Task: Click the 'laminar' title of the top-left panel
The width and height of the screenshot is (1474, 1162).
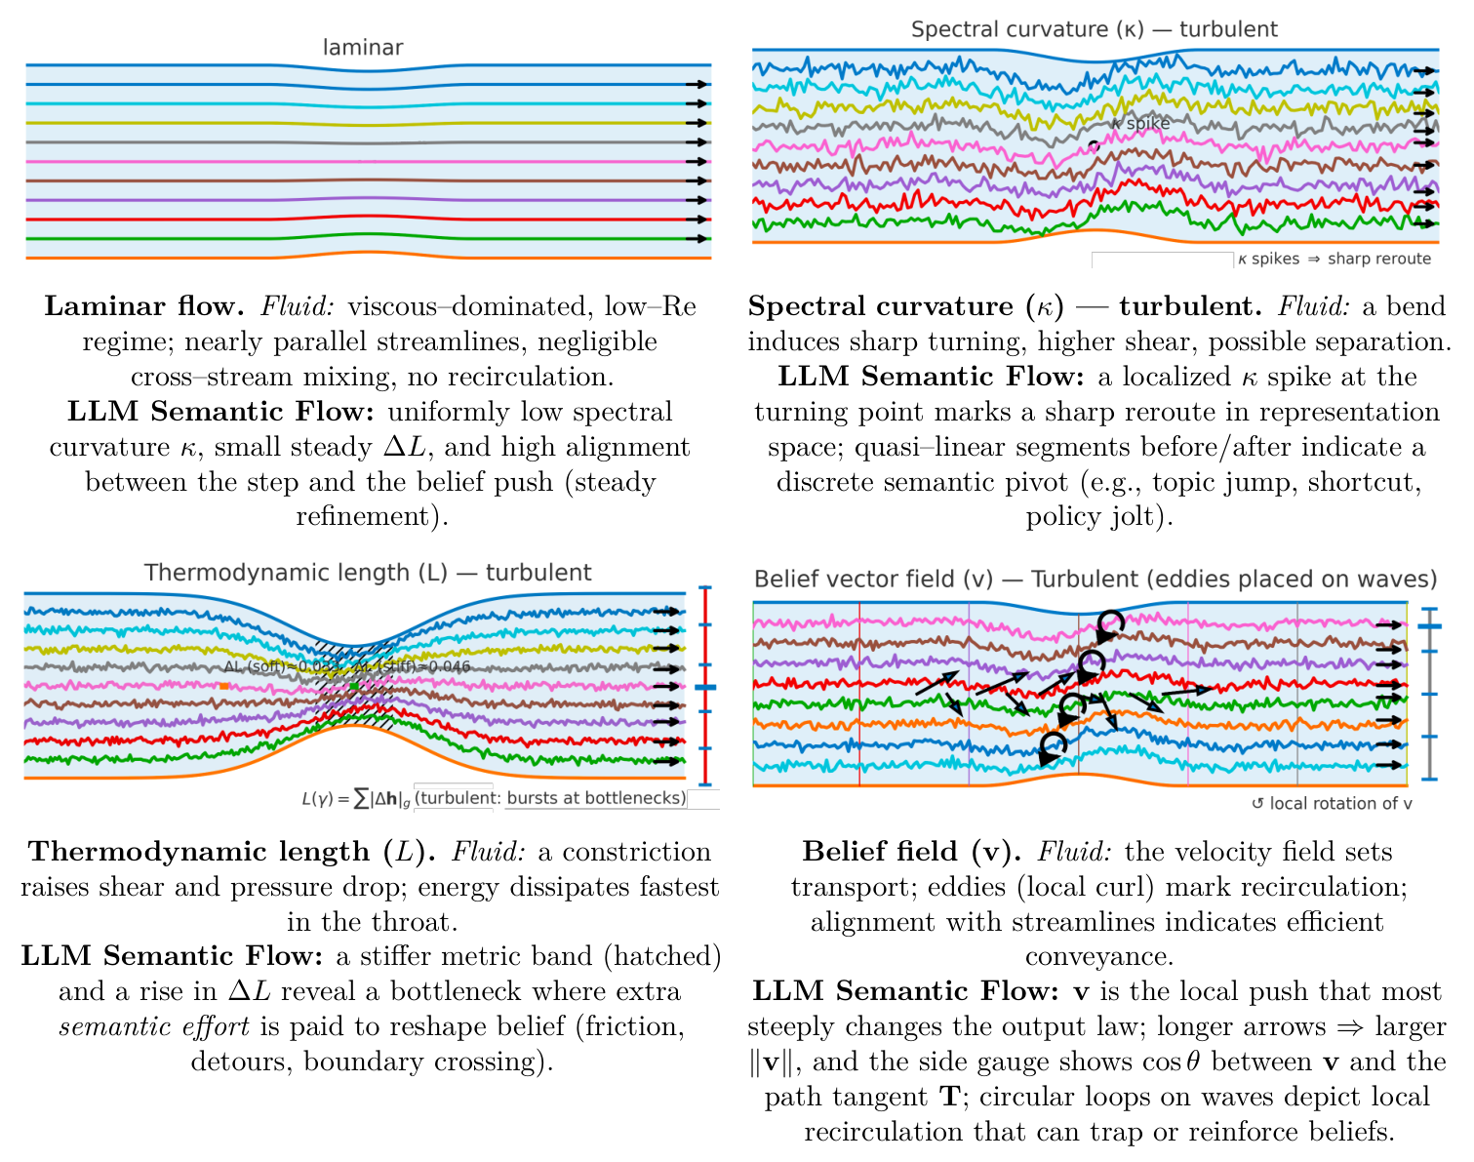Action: [363, 47]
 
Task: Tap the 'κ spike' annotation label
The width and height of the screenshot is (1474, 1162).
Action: [1140, 124]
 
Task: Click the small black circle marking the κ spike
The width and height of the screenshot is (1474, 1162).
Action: [1094, 145]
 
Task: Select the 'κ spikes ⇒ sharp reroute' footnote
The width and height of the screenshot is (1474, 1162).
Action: [1334, 259]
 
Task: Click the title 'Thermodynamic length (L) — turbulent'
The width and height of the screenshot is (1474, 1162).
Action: [368, 573]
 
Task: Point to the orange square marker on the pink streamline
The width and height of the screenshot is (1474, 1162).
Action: [224, 686]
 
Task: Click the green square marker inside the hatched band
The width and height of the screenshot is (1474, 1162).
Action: [354, 686]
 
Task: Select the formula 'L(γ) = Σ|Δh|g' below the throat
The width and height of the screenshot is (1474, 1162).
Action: [355, 798]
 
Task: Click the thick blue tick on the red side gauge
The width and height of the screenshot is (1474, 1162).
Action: [704, 688]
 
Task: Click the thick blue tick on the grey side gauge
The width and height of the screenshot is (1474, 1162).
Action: [1430, 626]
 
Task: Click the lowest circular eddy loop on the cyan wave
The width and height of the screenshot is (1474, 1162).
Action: [1053, 747]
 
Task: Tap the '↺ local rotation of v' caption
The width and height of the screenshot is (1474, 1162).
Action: [1332, 804]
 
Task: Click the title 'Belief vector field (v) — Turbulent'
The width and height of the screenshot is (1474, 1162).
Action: [1096, 580]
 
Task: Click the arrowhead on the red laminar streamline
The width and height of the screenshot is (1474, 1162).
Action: [697, 220]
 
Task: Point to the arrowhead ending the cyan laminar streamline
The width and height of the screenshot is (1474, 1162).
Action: [697, 104]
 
